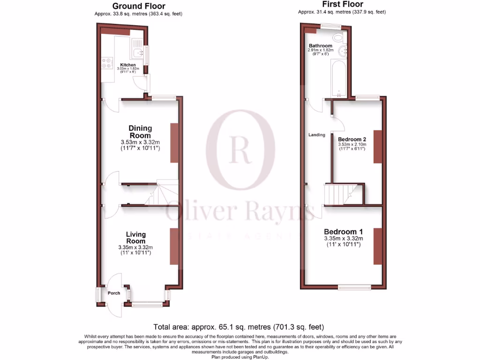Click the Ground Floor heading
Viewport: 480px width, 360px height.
pos(138,6)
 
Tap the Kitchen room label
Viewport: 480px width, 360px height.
pos(128,65)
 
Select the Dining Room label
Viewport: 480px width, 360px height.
pos(141,132)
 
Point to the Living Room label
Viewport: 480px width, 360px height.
pos(135,238)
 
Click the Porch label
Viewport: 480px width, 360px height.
pos(114,293)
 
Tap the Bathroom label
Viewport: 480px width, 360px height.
pos(320,45)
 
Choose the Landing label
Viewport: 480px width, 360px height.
pos(316,135)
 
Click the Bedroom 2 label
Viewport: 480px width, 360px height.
pos(352,139)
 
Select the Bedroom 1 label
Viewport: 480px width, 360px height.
pos(344,232)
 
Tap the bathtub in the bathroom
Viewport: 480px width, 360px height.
pos(338,78)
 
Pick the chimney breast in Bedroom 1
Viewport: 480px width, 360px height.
pos(377,246)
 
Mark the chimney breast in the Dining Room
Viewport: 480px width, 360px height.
pos(174,142)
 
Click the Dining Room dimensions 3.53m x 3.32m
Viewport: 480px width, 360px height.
pos(141,142)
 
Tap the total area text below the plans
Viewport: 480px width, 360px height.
pos(239,327)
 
